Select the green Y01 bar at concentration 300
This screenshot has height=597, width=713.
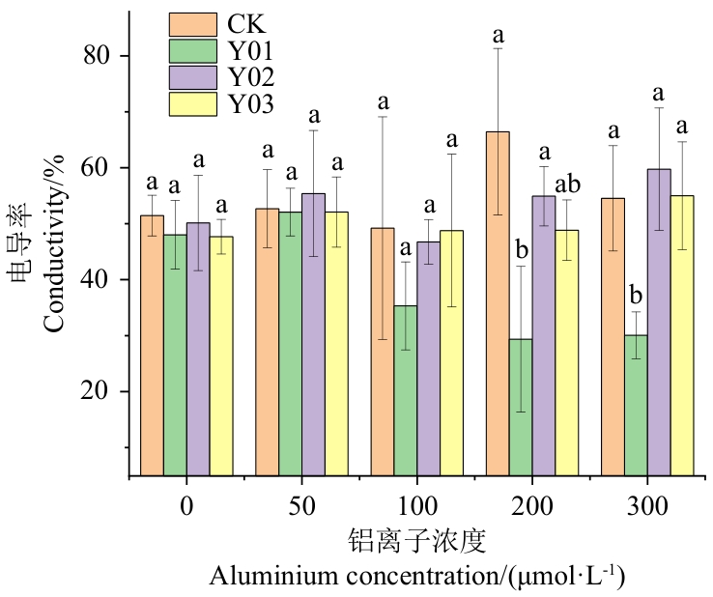(636, 406)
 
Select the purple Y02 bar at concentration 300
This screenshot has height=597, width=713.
(659, 323)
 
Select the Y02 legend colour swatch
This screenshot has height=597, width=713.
(193, 77)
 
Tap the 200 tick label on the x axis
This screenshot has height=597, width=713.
(532, 505)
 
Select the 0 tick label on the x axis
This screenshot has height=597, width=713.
(186, 505)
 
